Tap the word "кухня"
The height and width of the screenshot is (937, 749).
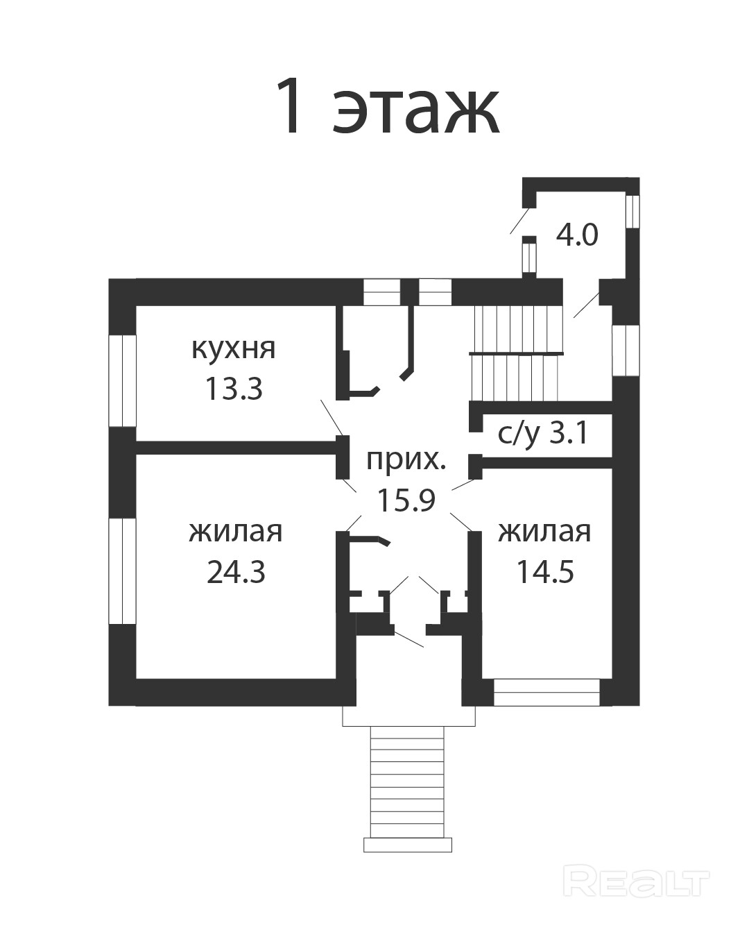coord(233,349)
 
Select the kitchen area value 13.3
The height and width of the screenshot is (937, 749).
coord(234,389)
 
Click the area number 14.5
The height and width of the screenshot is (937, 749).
coord(545,571)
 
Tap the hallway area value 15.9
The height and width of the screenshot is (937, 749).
coord(406,500)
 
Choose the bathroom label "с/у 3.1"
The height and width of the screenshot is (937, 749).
coord(543,434)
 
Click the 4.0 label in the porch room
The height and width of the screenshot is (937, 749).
coord(577,235)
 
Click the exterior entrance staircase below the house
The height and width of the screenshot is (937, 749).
coord(408,789)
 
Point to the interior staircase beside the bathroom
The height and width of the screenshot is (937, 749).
coord(517,353)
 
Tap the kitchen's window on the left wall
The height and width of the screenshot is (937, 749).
coord(122,380)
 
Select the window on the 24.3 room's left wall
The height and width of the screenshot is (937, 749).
coord(122,571)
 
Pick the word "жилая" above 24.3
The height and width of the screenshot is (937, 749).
coord(236,532)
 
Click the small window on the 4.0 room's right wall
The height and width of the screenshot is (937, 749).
coord(632,211)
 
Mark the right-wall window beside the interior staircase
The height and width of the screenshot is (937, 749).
coord(626,351)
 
